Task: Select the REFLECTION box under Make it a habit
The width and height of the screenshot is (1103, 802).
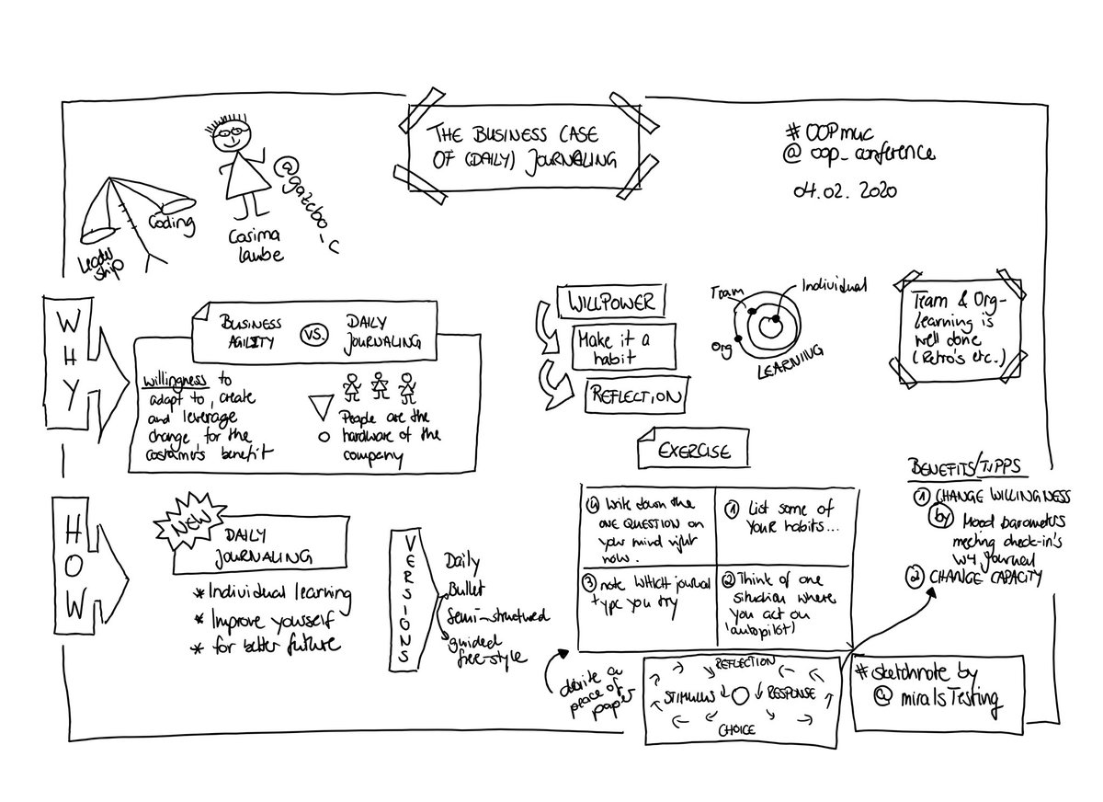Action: click(x=637, y=397)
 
